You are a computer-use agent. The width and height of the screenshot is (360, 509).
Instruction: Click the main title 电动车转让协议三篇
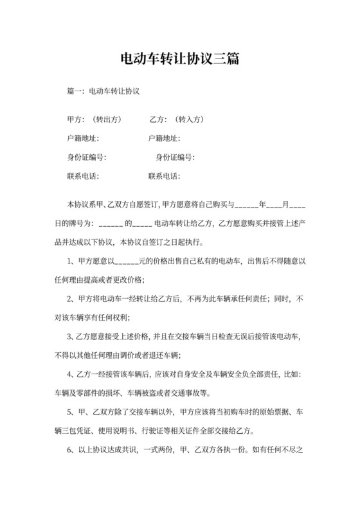tap(180, 60)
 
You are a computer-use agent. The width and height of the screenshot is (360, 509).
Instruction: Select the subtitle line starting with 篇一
tap(104, 92)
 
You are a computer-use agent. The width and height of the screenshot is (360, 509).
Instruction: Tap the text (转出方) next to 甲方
tap(105, 120)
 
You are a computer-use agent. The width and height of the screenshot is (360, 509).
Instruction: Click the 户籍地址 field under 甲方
tap(83, 138)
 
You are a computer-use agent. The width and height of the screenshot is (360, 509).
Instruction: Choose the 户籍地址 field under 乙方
tap(164, 138)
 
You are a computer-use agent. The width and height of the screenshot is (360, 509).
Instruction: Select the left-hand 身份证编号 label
tap(87, 157)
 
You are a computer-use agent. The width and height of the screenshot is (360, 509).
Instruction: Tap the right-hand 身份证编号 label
tap(175, 157)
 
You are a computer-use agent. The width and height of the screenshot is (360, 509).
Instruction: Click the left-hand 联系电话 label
tap(83, 176)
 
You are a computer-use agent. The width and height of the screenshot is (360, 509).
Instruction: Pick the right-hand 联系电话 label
tap(164, 176)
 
